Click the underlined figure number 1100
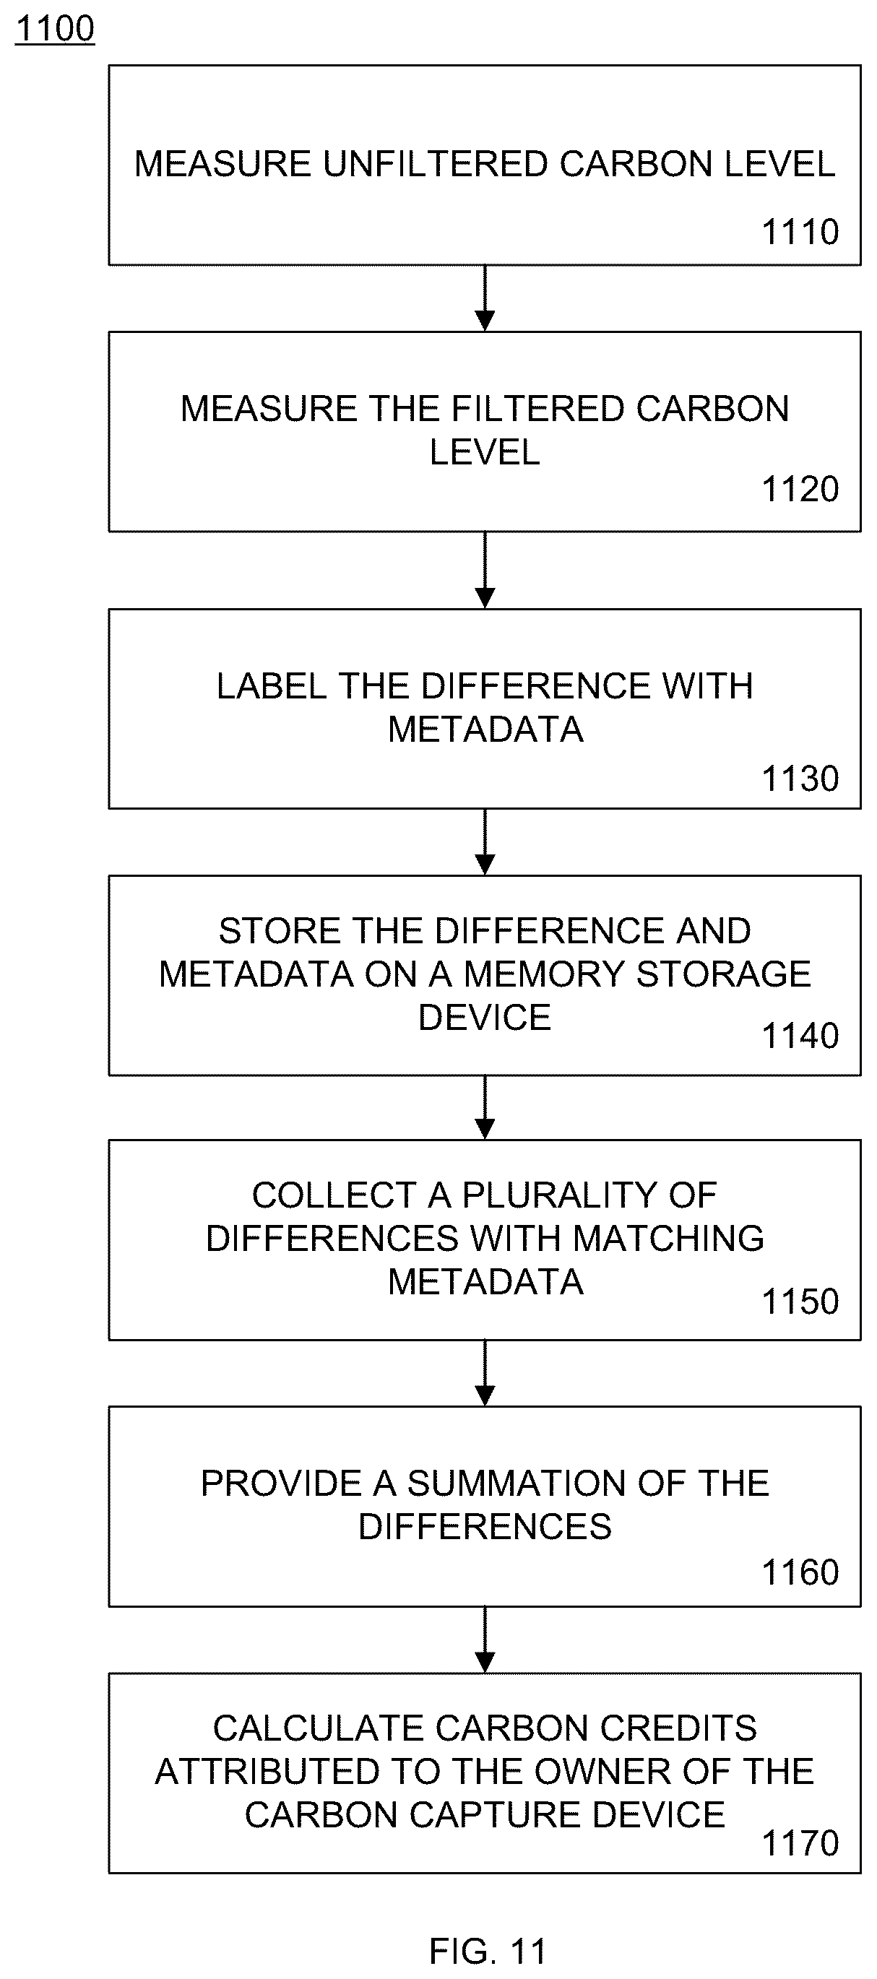coord(55,28)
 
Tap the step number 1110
coord(800,232)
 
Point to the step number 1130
coord(800,778)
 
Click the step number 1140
coord(800,1036)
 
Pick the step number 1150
coord(800,1302)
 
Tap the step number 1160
coord(800,1572)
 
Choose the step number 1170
coord(800,1843)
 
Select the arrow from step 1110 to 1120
coord(485,298)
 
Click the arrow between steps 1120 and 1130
coord(485,570)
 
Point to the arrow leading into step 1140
coord(485,842)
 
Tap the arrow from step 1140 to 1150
coord(485,1108)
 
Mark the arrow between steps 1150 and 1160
coord(485,1374)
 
